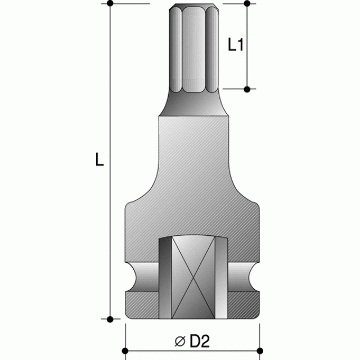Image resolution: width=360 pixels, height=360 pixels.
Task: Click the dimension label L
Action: click(x=99, y=161)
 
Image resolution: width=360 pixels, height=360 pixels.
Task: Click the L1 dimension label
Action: click(x=235, y=46)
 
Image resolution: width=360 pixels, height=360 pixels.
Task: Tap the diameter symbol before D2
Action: click(x=180, y=341)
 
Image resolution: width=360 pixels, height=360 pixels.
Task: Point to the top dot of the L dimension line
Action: click(x=111, y=3)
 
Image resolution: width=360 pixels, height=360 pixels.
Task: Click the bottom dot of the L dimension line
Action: click(x=111, y=319)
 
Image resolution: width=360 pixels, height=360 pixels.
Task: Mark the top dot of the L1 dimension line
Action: click(x=247, y=3)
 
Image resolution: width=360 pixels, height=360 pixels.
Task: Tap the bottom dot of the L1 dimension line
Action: click(x=247, y=88)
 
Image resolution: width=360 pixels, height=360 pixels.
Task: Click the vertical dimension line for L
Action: click(x=111, y=225)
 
